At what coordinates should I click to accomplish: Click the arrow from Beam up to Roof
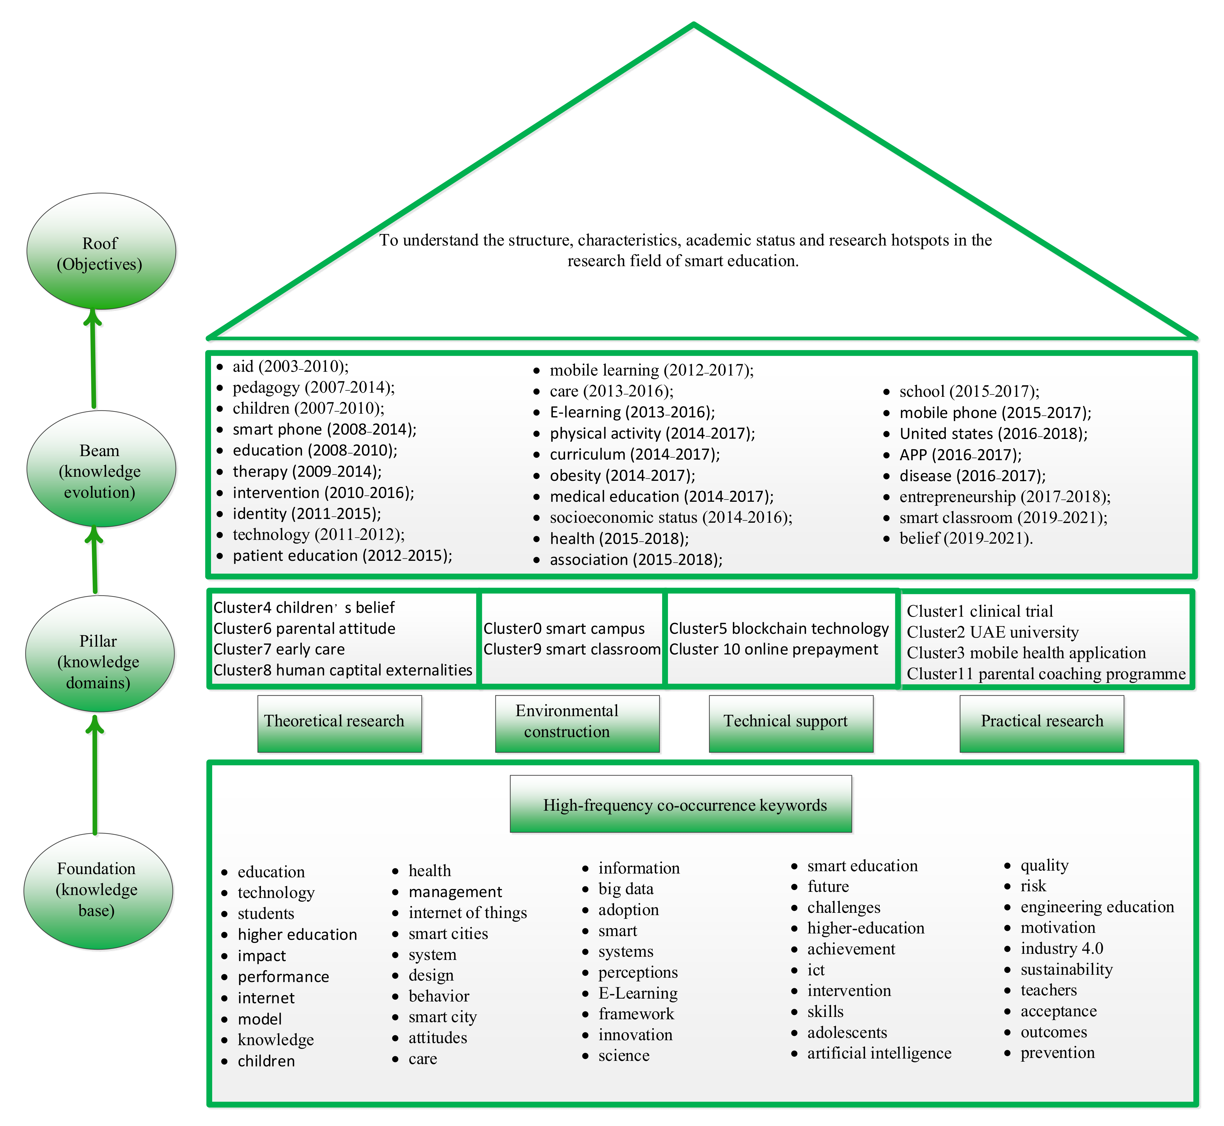point(93,360)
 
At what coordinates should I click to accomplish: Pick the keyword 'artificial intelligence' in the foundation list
point(879,1053)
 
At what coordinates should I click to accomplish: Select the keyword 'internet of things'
point(467,913)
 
